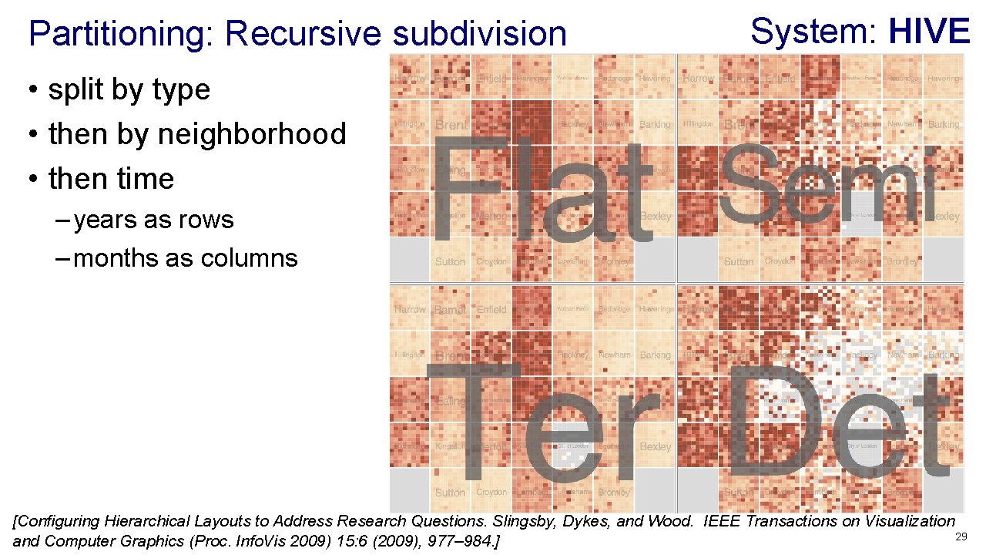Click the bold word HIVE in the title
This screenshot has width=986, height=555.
(929, 32)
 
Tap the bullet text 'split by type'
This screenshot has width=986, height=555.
(129, 89)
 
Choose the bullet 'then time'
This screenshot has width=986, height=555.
(111, 179)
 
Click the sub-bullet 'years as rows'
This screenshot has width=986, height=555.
(153, 220)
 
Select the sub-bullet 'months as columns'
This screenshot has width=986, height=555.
(186, 257)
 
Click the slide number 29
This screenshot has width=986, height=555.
(961, 536)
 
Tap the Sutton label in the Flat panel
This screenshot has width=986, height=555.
(450, 262)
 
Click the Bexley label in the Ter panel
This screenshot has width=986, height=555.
(656, 447)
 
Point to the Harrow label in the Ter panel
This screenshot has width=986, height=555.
(410, 310)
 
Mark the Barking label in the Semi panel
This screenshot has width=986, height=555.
(944, 125)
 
